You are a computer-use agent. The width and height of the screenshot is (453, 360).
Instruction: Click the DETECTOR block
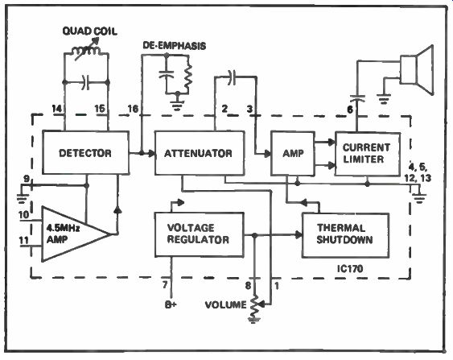click(85, 152)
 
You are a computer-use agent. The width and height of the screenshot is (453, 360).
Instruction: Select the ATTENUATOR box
click(200, 153)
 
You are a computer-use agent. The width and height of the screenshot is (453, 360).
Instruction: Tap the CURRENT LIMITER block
click(368, 154)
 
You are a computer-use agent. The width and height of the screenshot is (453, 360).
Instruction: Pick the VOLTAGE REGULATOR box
click(199, 234)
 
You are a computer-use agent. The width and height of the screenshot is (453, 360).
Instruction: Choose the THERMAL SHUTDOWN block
click(345, 235)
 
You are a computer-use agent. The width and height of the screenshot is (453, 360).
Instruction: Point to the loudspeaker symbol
click(417, 70)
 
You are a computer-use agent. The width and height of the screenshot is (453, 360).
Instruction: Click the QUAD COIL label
click(90, 31)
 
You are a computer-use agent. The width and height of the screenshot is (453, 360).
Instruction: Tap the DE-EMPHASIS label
click(175, 46)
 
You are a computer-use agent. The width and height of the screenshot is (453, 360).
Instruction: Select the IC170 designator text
click(350, 269)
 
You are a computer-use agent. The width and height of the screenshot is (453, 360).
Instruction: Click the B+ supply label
click(171, 304)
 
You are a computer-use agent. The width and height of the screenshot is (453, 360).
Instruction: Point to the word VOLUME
click(225, 304)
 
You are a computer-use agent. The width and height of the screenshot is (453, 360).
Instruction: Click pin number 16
click(133, 109)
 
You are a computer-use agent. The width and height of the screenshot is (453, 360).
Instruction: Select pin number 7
click(165, 285)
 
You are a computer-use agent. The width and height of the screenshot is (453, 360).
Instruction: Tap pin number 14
click(57, 109)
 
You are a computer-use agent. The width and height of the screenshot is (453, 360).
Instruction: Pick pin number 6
click(350, 110)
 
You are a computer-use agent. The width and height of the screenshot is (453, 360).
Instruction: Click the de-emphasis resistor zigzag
click(188, 76)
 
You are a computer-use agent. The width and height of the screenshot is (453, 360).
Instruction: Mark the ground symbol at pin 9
click(23, 198)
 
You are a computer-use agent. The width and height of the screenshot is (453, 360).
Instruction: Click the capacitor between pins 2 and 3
click(232, 77)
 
